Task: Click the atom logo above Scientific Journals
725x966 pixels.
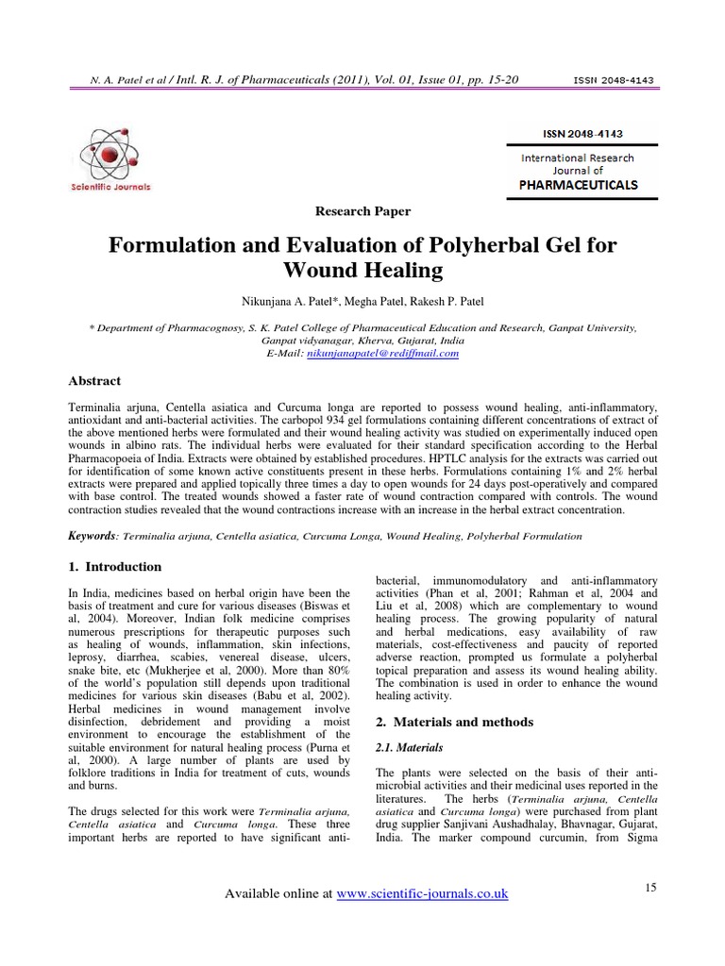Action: point(115,152)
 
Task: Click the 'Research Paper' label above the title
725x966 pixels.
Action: point(363,211)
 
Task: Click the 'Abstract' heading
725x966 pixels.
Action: point(95,380)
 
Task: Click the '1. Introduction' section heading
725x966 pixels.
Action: point(115,567)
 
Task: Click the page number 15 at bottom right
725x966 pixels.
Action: point(649,888)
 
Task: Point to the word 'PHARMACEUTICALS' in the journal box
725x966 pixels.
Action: point(579,185)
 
